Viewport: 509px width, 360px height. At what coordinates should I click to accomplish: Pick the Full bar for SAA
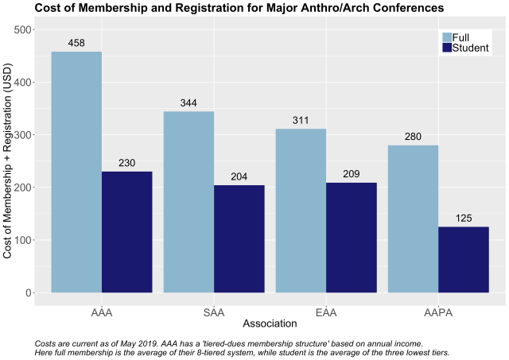(x=188, y=202)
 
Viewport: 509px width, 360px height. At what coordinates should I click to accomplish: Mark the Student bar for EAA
(x=352, y=238)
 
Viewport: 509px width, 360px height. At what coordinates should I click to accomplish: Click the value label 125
(x=464, y=218)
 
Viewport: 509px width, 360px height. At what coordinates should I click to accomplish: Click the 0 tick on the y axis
(x=29, y=292)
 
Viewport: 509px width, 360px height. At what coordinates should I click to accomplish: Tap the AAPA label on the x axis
(x=438, y=312)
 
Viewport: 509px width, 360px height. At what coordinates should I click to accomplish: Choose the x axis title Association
(x=270, y=324)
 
